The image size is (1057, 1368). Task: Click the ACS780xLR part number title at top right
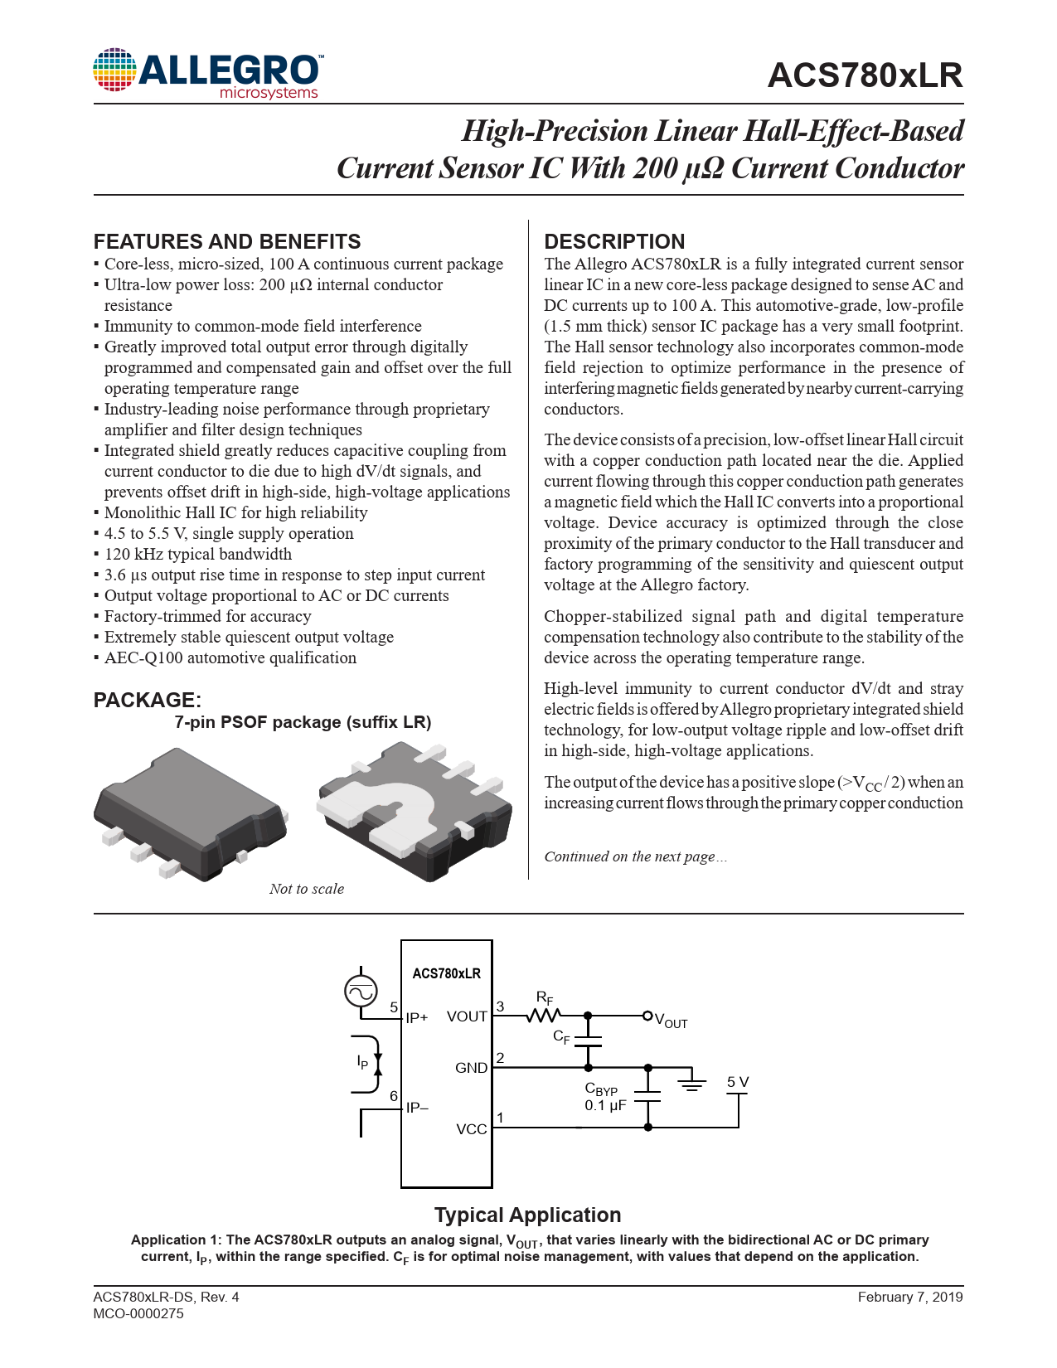865,75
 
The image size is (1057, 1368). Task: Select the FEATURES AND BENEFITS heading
227,242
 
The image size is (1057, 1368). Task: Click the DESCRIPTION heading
614,242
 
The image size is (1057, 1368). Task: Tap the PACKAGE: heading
147,700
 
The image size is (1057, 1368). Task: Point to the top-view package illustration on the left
191,813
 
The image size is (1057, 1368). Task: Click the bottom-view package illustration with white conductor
415,808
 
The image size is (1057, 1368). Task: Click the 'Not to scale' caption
306,889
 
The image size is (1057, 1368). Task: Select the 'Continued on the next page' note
635,856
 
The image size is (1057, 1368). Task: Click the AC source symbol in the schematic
361,991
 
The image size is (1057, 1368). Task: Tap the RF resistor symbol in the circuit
544,1015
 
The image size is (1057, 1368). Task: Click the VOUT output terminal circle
647,1016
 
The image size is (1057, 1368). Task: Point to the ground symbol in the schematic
691,1081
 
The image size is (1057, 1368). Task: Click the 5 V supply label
737,1082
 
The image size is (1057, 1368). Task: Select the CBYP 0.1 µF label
604,1097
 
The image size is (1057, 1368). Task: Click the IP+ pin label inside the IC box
417,1018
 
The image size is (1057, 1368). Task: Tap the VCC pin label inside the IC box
472,1129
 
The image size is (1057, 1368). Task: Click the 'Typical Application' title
527,1215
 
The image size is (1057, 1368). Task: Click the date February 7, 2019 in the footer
909,1297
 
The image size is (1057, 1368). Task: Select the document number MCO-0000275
138,1313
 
